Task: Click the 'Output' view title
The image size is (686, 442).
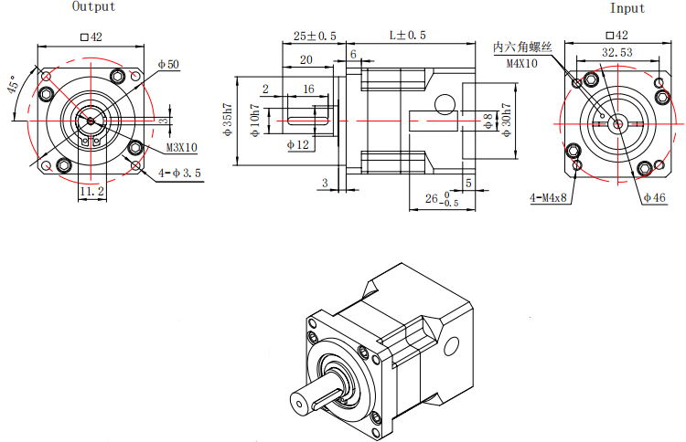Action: tap(93, 7)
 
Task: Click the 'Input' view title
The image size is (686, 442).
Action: tap(627, 8)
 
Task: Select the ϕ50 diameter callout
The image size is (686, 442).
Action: tap(168, 65)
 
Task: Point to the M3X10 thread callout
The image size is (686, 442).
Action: tap(182, 147)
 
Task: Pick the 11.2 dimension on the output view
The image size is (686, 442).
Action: tap(91, 192)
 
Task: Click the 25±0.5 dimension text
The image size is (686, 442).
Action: tap(315, 37)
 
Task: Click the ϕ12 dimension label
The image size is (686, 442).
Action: tap(298, 145)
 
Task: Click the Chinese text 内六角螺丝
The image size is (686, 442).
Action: tap(522, 47)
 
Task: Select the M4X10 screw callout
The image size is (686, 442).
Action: tap(522, 63)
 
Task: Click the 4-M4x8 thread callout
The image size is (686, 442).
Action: tap(549, 197)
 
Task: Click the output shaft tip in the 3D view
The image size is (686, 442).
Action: tap(298, 403)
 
